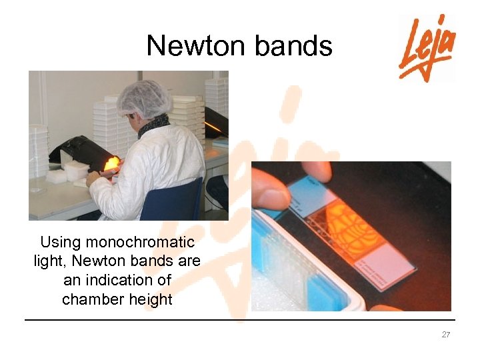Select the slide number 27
446,335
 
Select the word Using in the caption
60,242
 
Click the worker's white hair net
143,99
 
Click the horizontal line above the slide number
240,320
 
